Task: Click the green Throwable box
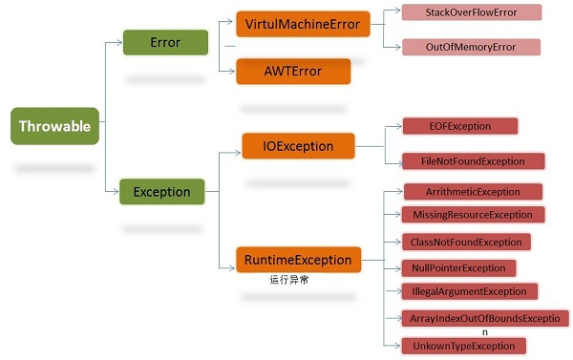[55, 126]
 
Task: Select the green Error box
[165, 43]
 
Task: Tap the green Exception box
[161, 192]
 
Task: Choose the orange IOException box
[299, 146]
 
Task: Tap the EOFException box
[459, 125]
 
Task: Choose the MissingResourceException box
[473, 215]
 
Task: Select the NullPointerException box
[458, 267]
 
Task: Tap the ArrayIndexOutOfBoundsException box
[485, 318]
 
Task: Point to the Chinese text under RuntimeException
[289, 280]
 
